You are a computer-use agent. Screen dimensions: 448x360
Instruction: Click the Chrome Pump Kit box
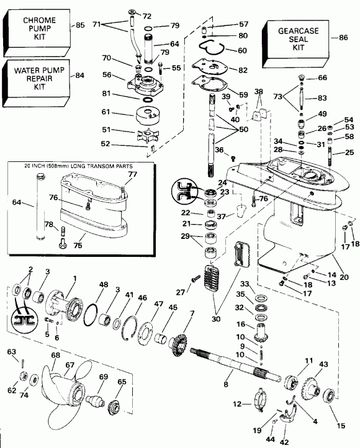[38, 29]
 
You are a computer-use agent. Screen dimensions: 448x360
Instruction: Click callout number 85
[80, 25]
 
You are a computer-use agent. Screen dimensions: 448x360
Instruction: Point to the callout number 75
[77, 244]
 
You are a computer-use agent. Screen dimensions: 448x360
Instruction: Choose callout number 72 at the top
[146, 15]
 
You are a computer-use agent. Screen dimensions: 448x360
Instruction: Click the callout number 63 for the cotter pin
[11, 352]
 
